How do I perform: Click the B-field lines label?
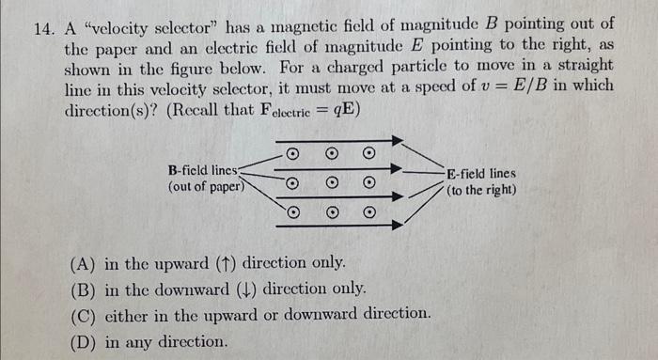(x=204, y=171)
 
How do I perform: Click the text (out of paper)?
(x=206, y=187)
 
